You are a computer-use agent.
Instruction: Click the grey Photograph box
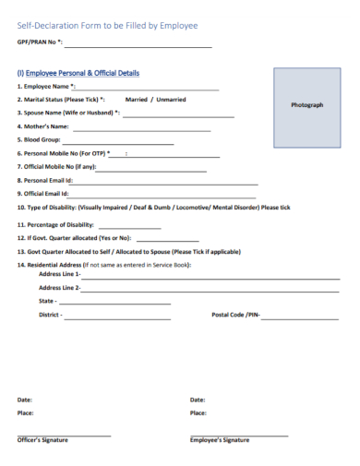[306, 105]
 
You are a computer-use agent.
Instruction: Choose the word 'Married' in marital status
[137, 99]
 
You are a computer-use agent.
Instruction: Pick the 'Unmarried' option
[171, 99]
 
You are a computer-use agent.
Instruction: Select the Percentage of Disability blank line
[128, 227]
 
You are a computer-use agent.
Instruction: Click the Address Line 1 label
[59, 274]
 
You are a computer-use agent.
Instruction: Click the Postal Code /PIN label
[235, 316]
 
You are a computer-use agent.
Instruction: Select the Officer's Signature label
[42, 440]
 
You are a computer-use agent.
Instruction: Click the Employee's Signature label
[219, 440]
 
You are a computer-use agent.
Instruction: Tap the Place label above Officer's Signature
[25, 413]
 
